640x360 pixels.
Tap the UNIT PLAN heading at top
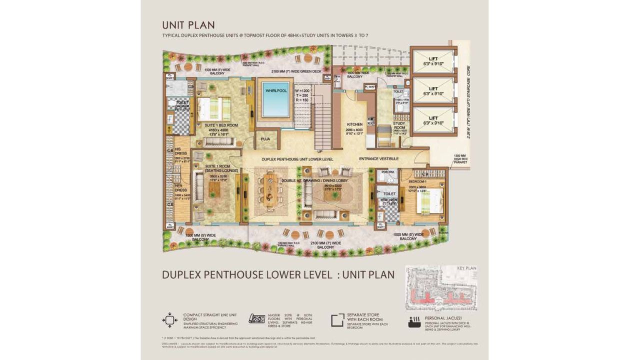point(188,25)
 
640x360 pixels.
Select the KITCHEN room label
point(354,124)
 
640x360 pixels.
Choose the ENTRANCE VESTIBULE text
point(378,159)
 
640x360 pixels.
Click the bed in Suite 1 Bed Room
point(213,109)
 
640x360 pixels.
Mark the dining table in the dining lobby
point(271,190)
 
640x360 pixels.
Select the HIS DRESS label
point(180,151)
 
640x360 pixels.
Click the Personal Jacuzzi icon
point(414,321)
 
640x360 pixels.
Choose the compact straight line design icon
point(170,320)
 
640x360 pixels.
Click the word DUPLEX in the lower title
point(182,274)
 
